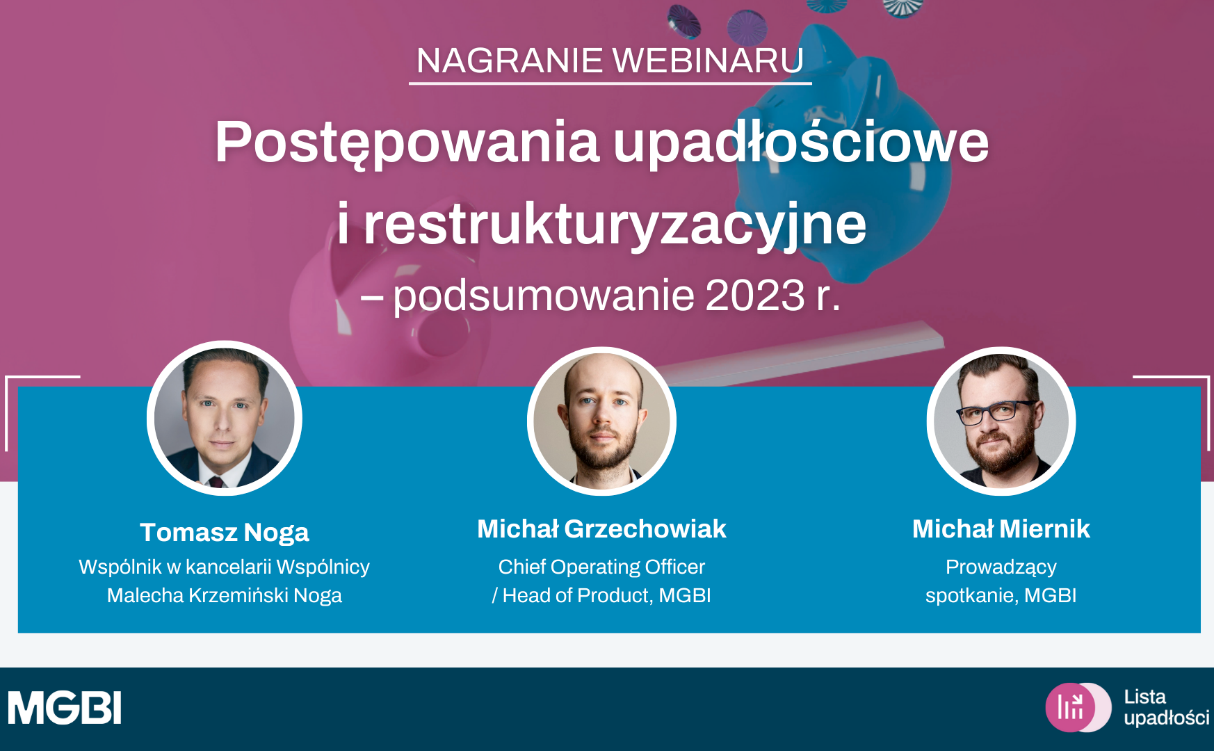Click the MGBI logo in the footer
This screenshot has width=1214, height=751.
tap(65, 708)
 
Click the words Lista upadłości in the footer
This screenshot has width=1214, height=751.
tap(1166, 707)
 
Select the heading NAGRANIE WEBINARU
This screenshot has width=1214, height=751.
tap(610, 60)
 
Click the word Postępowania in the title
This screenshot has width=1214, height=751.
tap(407, 143)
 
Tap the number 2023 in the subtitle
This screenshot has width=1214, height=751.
tap(755, 295)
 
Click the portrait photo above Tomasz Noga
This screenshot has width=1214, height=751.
tap(225, 418)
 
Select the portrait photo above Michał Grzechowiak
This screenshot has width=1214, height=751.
tap(602, 421)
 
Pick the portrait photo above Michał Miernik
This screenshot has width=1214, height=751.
tap(1001, 421)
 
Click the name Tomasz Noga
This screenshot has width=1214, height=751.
tap(225, 533)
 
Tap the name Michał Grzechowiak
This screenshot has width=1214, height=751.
tap(602, 529)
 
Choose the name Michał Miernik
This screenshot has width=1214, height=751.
tap(1001, 529)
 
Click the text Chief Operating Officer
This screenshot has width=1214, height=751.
tap(602, 567)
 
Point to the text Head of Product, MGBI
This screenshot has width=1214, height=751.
tap(607, 595)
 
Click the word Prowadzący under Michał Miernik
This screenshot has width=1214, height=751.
tap(1001, 567)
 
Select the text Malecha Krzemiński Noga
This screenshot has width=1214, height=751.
tap(225, 595)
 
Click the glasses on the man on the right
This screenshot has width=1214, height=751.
tap(996, 412)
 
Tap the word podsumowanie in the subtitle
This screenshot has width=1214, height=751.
tap(544, 296)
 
